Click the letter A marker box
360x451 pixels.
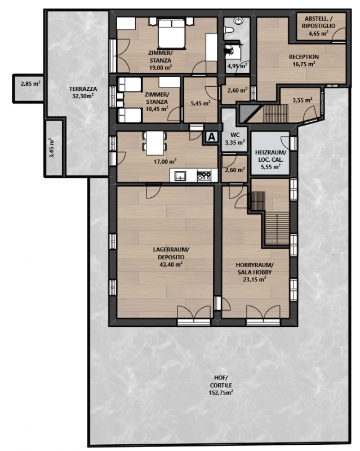pos(212,137)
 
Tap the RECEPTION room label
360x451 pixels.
pos(304,57)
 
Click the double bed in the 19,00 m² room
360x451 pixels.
pos(171,33)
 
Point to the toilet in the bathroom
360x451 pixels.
pos(229,30)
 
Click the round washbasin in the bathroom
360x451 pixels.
pos(238,21)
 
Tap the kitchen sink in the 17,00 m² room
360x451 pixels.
pos(180,175)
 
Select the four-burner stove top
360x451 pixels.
pos(204,175)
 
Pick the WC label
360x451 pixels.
pos(235,135)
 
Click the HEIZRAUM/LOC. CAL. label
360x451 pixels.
pos(270,156)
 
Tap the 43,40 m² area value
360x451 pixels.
pos(171,264)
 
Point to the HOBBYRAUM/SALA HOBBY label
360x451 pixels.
pos(255,269)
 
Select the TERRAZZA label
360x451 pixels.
pos(83,89)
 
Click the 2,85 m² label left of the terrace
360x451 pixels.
pos(30,84)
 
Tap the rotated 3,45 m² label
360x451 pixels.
pos(52,148)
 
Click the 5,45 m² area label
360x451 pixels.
pos(201,103)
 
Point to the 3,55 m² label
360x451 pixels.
pos(303,100)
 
